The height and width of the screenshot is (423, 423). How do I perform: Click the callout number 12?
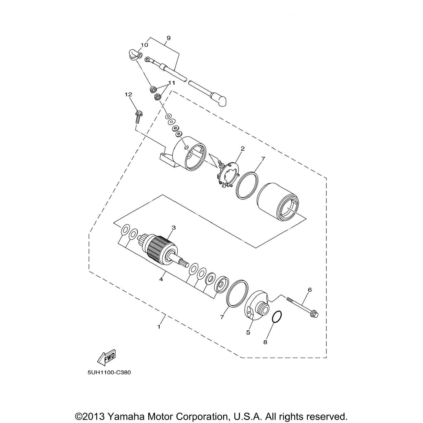pyautogui.click(x=129, y=95)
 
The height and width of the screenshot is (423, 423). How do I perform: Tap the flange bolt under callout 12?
pyautogui.click(x=138, y=116)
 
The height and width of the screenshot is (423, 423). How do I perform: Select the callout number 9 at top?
pyautogui.click(x=169, y=38)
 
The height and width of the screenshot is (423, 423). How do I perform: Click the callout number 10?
pyautogui.click(x=144, y=45)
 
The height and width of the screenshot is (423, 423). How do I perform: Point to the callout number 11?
pyautogui.click(x=172, y=83)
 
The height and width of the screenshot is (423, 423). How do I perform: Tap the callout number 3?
pyautogui.click(x=174, y=228)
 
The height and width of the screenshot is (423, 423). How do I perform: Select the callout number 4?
pyautogui.click(x=161, y=279)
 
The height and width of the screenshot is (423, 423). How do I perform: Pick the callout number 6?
pyautogui.click(x=310, y=290)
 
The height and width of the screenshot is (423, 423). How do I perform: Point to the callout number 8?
pyautogui.click(x=265, y=342)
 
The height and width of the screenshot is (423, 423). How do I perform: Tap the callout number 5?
pyautogui.click(x=248, y=332)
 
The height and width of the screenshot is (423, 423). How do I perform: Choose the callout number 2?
pyautogui.click(x=243, y=148)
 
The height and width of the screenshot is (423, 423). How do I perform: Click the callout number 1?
pyautogui.click(x=159, y=327)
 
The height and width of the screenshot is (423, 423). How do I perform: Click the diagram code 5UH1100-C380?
pyautogui.click(x=109, y=373)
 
